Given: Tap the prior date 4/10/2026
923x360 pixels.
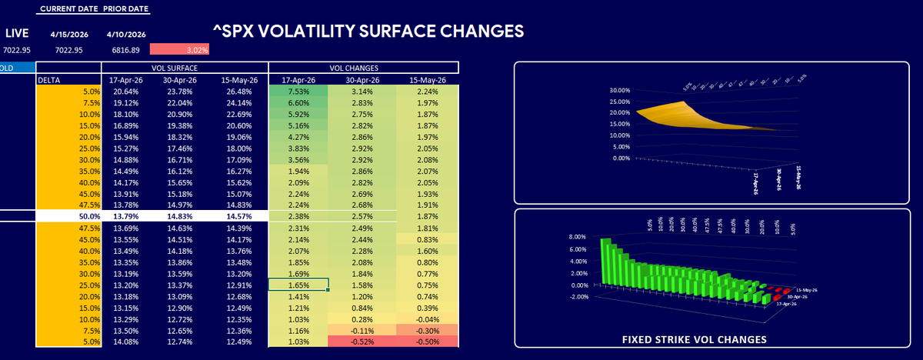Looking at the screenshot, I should pyautogui.click(x=127, y=34).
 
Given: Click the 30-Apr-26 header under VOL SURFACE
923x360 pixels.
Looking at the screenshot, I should pyautogui.click(x=184, y=78).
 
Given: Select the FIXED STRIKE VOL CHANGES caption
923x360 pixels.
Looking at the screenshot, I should pyautogui.click(x=693, y=339).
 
